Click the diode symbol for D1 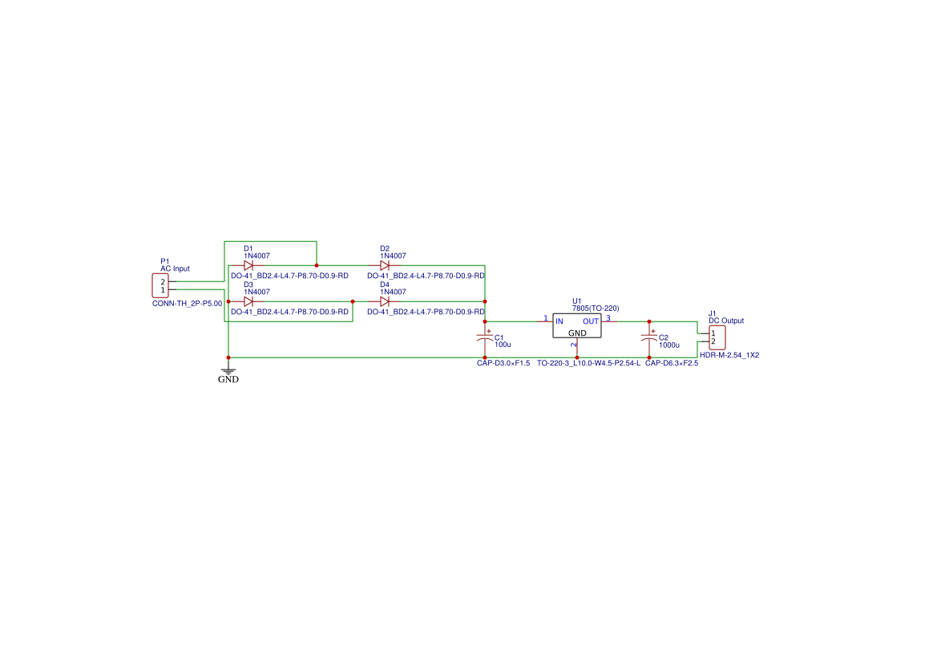pos(248,265)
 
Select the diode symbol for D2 pos(385,265)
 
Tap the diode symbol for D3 pos(248,301)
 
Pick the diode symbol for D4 pos(385,301)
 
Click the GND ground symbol pos(228,371)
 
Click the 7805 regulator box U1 pos(576,325)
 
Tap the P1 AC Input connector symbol pos(160,286)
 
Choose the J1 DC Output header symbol pos(717,337)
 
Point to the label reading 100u pos(503,345)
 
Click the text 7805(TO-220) pos(596,309)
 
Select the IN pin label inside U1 pos(559,321)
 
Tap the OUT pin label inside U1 pos(591,321)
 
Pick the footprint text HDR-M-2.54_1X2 pos(729,354)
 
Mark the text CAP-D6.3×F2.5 pos(672,363)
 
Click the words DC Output pos(726,321)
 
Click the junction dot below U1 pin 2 pos(576,357)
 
